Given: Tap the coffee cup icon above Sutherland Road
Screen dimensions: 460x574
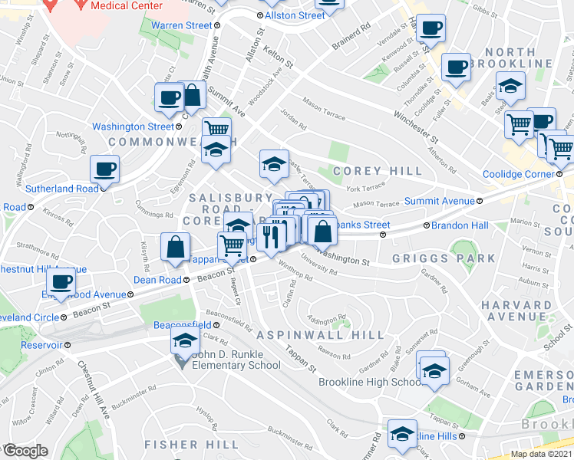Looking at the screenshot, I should click(104, 169).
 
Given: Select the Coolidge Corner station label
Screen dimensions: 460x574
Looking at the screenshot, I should click(518, 174).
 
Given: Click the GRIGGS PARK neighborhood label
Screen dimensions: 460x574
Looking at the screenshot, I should click(444, 258).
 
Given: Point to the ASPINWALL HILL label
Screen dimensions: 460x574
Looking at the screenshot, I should click(321, 336).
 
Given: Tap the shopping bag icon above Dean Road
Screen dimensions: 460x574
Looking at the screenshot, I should click(176, 247).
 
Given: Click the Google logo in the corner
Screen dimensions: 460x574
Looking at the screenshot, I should click(25, 451).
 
